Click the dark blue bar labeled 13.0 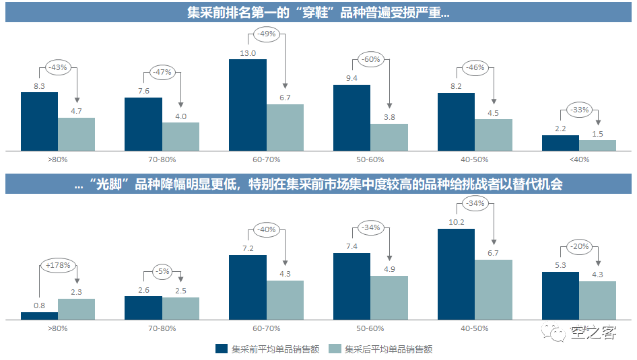pos(247,104)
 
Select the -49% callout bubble pos(267,34)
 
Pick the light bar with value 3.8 pos(389,137)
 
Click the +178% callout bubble pos(58,265)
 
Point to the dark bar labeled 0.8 pos(39,315)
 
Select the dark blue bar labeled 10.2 pos(456,273)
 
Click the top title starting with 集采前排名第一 pos(318,12)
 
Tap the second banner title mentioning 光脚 pos(318,184)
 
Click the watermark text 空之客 pos(593,332)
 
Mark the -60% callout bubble pos(370,59)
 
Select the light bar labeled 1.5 pos(598,145)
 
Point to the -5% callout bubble pos(162,272)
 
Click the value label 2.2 pos(560,129)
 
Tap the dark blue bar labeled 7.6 pos(143,123)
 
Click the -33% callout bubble pos(579,110)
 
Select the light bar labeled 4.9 pos(389,297)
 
